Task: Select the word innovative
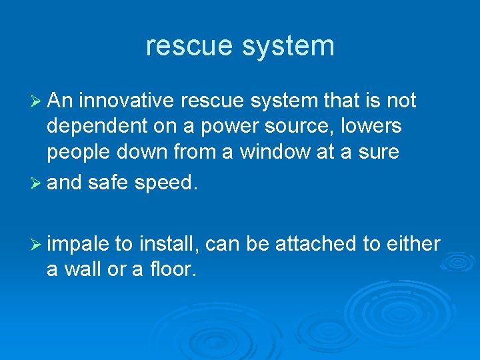coord(125,101)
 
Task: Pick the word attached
coord(313,245)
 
